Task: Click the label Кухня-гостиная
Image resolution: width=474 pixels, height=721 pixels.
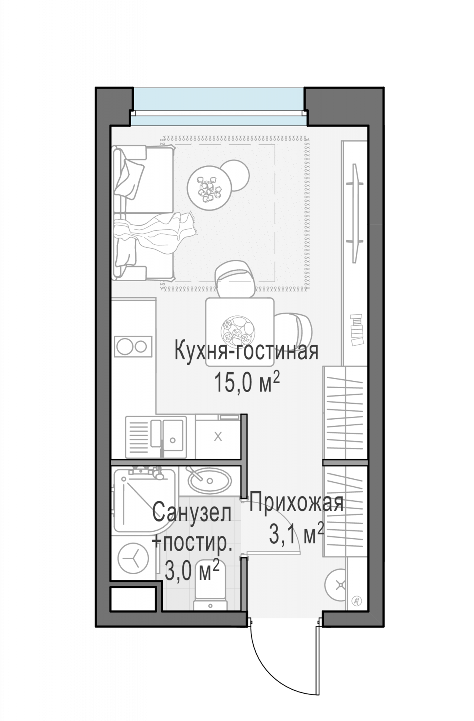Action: pyautogui.click(x=247, y=351)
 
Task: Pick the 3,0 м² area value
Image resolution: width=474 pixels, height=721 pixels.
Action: pyautogui.click(x=192, y=571)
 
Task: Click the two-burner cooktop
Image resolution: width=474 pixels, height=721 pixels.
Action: pyautogui.click(x=133, y=346)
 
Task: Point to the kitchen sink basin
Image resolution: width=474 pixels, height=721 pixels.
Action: pyautogui.click(x=172, y=435)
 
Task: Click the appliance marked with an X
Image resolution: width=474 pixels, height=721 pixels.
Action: pyautogui.click(x=218, y=437)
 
